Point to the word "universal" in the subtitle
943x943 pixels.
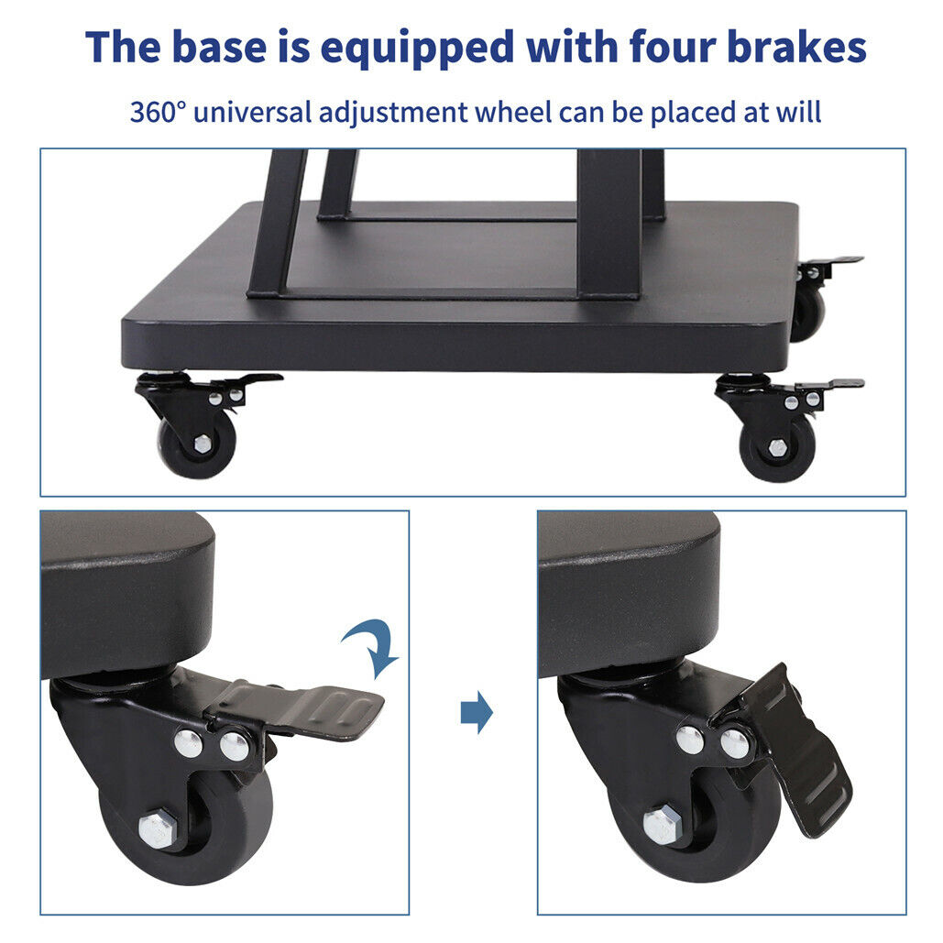242,113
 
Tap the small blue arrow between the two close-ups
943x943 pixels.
477,713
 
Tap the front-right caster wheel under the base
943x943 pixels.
776,448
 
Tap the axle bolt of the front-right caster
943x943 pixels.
776,448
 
